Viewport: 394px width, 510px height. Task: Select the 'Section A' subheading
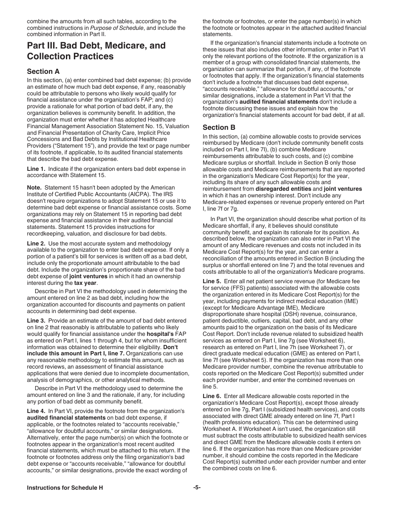43,71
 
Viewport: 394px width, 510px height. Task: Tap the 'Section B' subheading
219,127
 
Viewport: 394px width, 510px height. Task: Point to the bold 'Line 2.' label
36,243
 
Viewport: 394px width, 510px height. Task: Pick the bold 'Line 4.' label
36,411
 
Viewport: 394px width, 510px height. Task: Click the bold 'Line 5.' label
212,282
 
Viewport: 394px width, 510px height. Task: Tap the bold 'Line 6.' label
212,396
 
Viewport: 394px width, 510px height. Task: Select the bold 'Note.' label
35,188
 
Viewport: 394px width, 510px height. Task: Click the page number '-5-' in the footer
197,488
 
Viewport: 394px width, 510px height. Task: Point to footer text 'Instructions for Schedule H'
65,488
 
